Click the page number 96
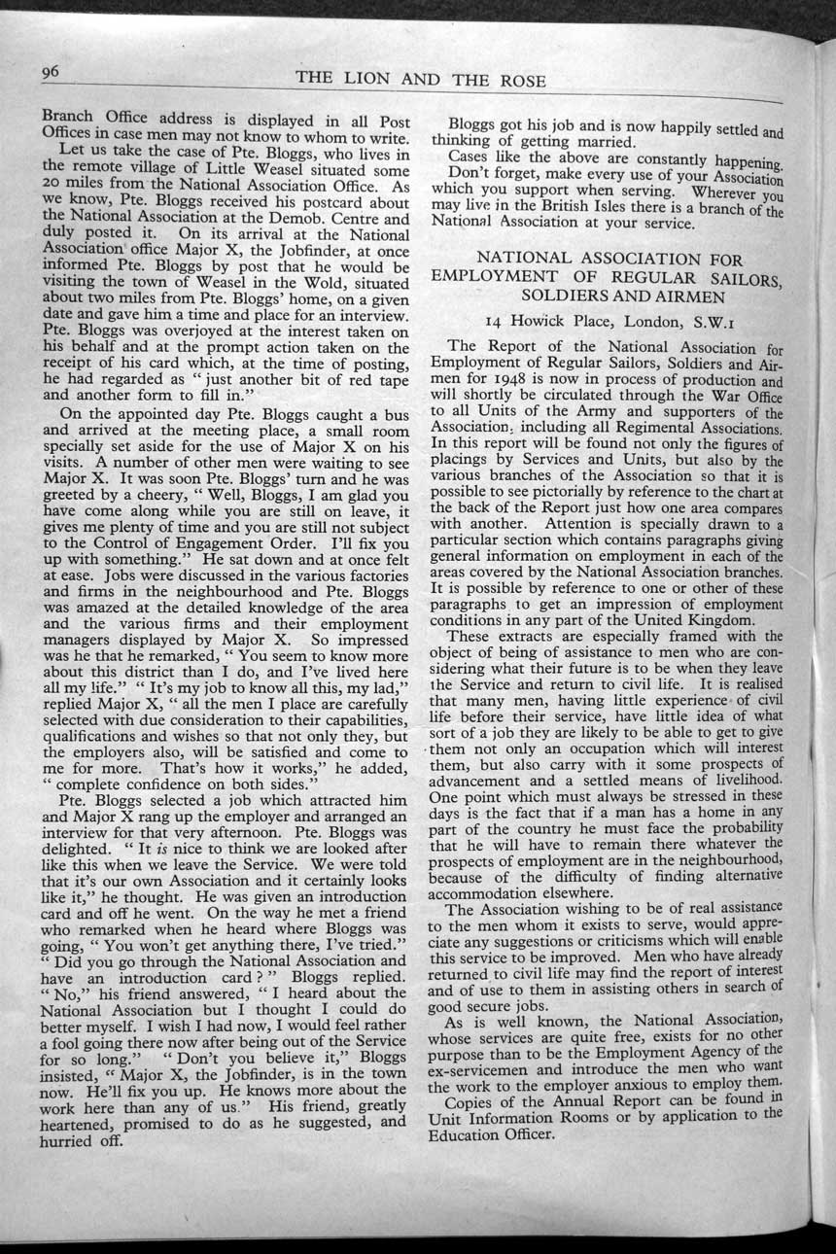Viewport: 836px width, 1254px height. (52, 73)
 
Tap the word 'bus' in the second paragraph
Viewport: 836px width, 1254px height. (396, 411)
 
